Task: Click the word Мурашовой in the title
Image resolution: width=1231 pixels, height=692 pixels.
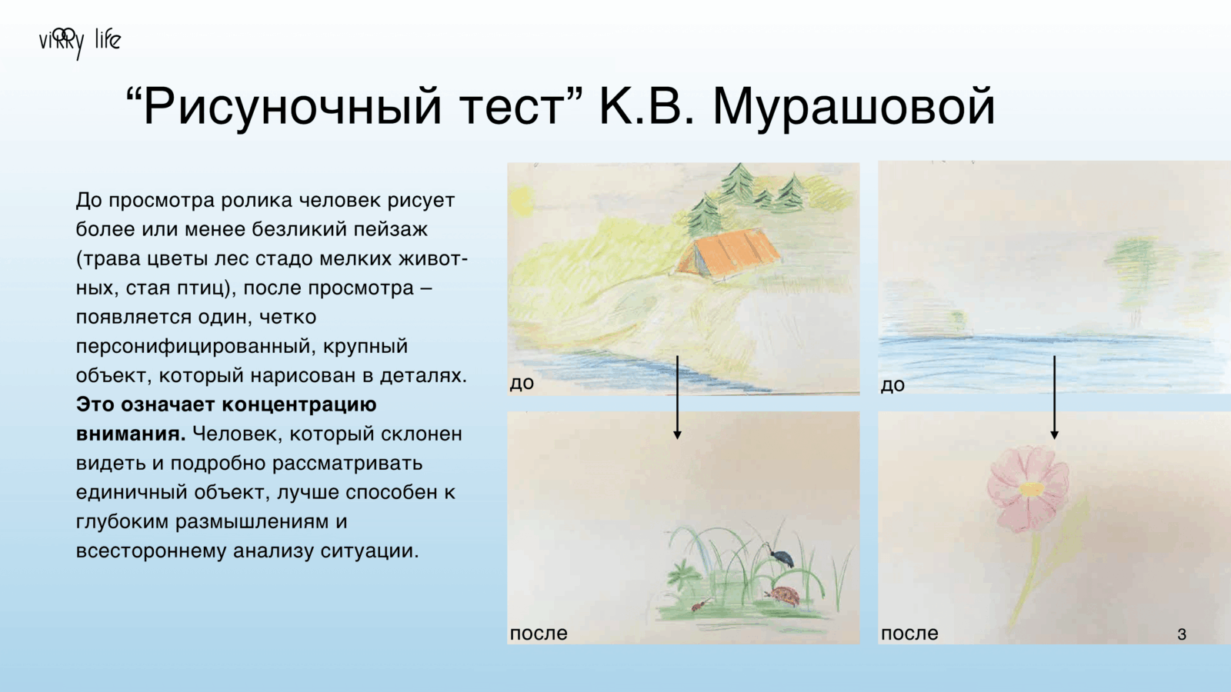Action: [x=854, y=107]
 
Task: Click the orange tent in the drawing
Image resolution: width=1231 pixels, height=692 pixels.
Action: [x=728, y=255]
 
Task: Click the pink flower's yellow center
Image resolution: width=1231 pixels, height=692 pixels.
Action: [x=1032, y=489]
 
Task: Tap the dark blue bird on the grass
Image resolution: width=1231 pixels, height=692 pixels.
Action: [x=782, y=557]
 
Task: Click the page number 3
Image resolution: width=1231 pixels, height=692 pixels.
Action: [x=1182, y=634]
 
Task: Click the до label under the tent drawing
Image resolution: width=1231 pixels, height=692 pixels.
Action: [x=522, y=382]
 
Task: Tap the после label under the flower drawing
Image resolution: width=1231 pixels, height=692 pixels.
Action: [x=909, y=634]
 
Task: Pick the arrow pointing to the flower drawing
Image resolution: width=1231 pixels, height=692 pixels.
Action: [x=1054, y=397]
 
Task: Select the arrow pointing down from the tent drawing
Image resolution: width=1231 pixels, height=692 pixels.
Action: [x=677, y=397]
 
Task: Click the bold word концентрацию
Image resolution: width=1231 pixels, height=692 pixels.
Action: [x=299, y=405]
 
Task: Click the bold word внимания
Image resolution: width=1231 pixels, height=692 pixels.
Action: [x=131, y=434]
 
